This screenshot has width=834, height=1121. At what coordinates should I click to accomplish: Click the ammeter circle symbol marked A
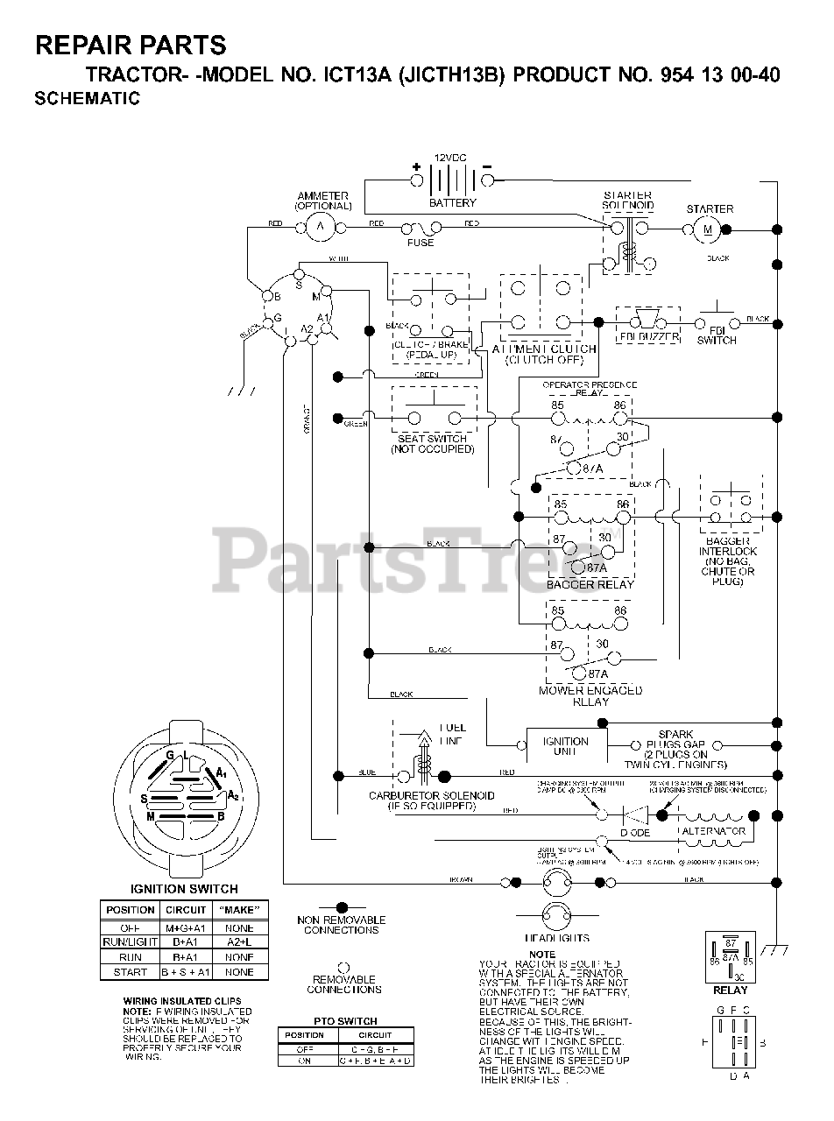(x=320, y=228)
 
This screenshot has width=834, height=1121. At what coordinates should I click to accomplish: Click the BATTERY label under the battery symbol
(x=452, y=203)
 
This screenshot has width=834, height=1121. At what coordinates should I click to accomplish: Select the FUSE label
(x=421, y=243)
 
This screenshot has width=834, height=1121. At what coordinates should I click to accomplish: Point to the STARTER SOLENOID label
(x=628, y=201)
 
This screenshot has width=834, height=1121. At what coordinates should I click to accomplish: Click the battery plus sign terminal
(x=417, y=179)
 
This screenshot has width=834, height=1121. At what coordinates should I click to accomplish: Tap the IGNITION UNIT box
(x=565, y=746)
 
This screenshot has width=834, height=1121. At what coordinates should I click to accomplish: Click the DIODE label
(x=635, y=833)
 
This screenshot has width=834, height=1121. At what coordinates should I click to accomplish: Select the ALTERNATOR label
(x=714, y=831)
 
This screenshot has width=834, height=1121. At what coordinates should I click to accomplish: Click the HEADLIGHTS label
(x=563, y=938)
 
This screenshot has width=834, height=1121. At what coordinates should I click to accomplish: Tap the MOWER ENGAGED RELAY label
(x=590, y=695)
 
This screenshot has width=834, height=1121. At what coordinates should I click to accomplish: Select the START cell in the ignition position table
(x=130, y=972)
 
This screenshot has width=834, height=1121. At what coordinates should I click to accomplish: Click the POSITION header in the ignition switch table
(x=130, y=910)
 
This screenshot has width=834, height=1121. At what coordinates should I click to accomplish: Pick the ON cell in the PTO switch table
(x=305, y=1061)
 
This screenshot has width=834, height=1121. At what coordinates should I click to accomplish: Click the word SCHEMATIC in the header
(x=87, y=99)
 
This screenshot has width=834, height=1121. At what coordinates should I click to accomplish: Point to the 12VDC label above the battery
(x=450, y=159)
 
